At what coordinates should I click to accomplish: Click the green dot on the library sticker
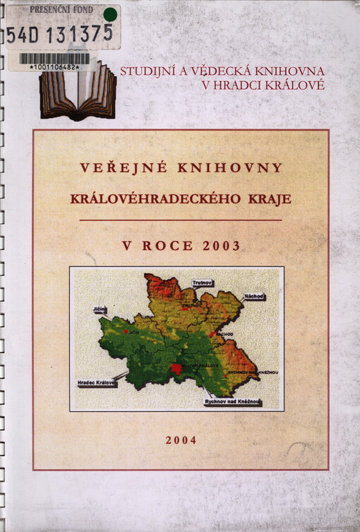(109, 14)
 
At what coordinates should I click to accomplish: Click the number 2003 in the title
(220, 246)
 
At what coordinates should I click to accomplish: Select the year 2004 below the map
(181, 439)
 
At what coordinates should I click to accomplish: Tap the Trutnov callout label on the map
(203, 283)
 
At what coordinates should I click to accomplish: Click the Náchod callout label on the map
(253, 297)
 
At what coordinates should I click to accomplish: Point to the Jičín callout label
(99, 309)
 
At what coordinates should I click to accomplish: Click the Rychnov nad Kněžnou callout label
(233, 402)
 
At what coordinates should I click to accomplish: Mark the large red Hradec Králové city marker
(176, 368)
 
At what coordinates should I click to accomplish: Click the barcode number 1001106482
(54, 67)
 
